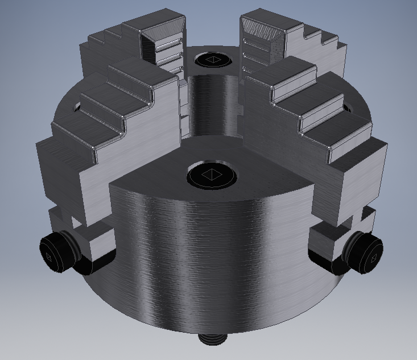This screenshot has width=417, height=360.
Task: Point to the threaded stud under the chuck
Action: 212,338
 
